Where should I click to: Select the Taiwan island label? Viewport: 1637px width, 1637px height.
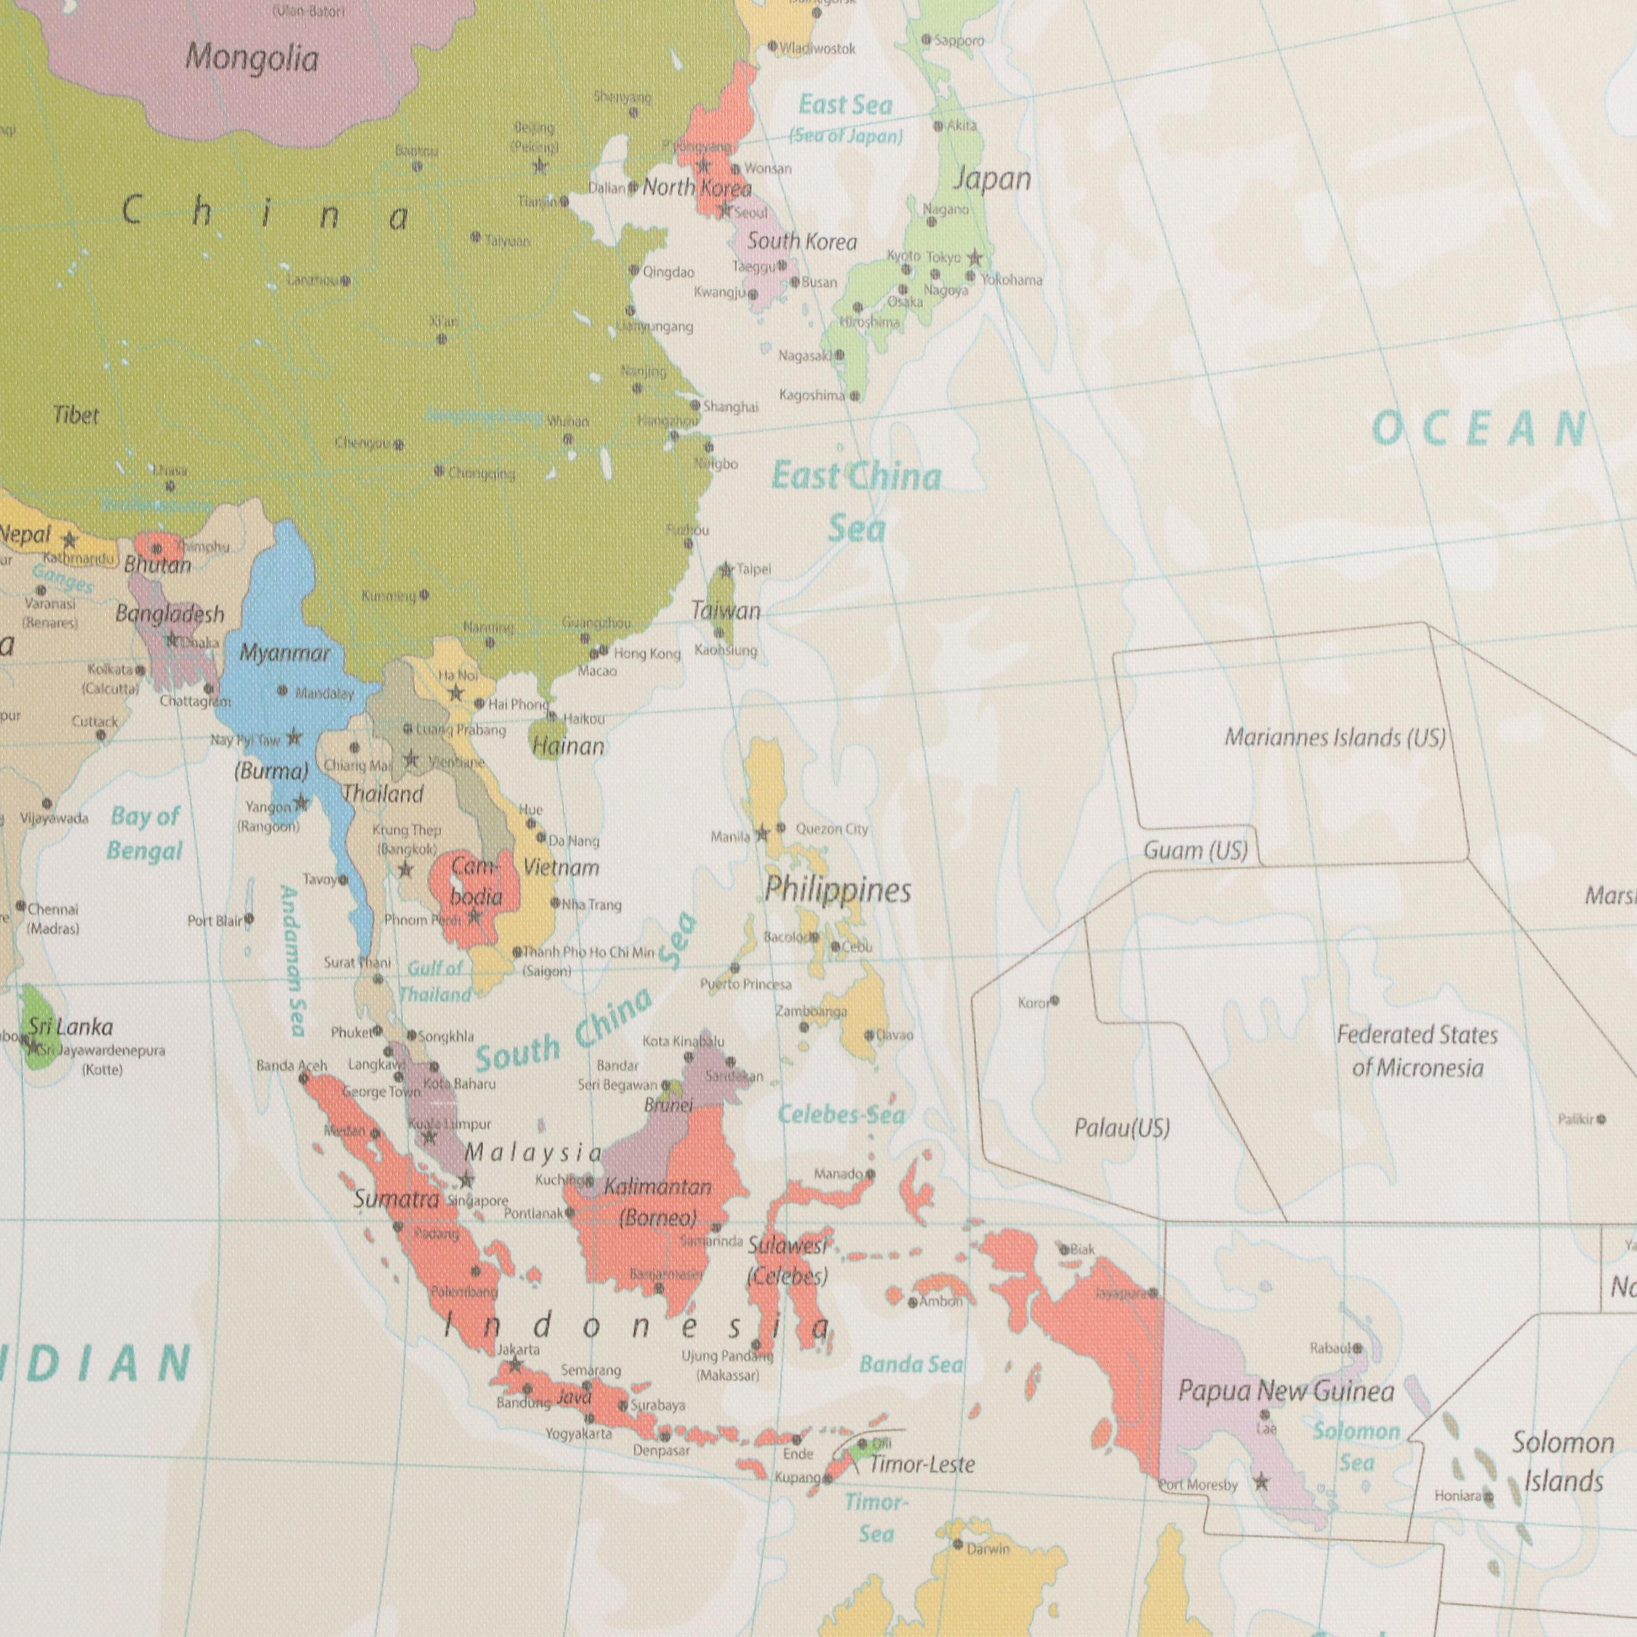click(x=725, y=610)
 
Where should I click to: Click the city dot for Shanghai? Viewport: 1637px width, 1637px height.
click(x=695, y=406)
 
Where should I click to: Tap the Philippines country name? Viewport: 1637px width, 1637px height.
click(x=837, y=889)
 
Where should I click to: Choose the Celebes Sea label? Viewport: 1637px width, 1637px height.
click(x=841, y=1115)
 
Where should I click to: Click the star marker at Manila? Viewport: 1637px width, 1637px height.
click(x=762, y=834)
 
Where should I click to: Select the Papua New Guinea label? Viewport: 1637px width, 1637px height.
click(x=1285, y=1391)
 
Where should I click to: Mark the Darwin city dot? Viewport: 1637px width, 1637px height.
click(x=957, y=1545)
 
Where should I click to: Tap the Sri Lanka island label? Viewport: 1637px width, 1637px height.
click(x=70, y=1027)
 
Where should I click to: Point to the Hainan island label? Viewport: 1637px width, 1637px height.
click(x=568, y=746)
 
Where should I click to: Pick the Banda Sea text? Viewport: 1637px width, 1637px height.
click(x=911, y=1364)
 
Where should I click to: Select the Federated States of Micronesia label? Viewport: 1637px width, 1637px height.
click(x=1417, y=1051)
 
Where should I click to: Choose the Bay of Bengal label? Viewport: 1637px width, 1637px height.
click(x=145, y=834)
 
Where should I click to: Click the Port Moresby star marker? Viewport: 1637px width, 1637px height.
click(x=1262, y=1482)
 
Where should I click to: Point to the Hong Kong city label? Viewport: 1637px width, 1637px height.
click(x=647, y=654)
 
